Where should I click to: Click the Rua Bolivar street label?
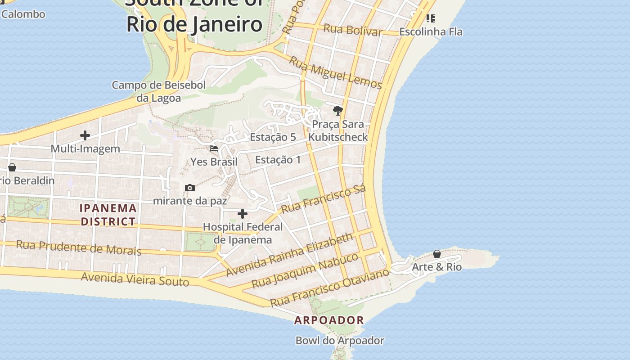[352, 31]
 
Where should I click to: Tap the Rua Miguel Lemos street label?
[335, 72]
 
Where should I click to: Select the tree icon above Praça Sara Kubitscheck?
[337, 111]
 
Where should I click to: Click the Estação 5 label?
[273, 137]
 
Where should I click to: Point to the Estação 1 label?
[278, 160]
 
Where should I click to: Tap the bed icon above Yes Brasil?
[214, 148]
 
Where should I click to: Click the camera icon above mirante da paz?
[190, 188]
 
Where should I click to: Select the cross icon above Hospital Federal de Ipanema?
[243, 214]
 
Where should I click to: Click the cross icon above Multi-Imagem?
[85, 135]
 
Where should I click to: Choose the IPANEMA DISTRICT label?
[108, 215]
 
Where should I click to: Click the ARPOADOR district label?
[329, 320]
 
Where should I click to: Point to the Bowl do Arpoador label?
[340, 341]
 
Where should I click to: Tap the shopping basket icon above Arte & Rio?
[436, 254]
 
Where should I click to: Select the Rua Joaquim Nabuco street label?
[305, 270]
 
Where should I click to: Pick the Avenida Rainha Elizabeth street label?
[289, 255]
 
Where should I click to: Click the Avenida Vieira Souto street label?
[135, 279]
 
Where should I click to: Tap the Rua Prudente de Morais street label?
[79, 247]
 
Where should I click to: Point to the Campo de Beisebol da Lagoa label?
[158, 91]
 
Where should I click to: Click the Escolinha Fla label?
[431, 32]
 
